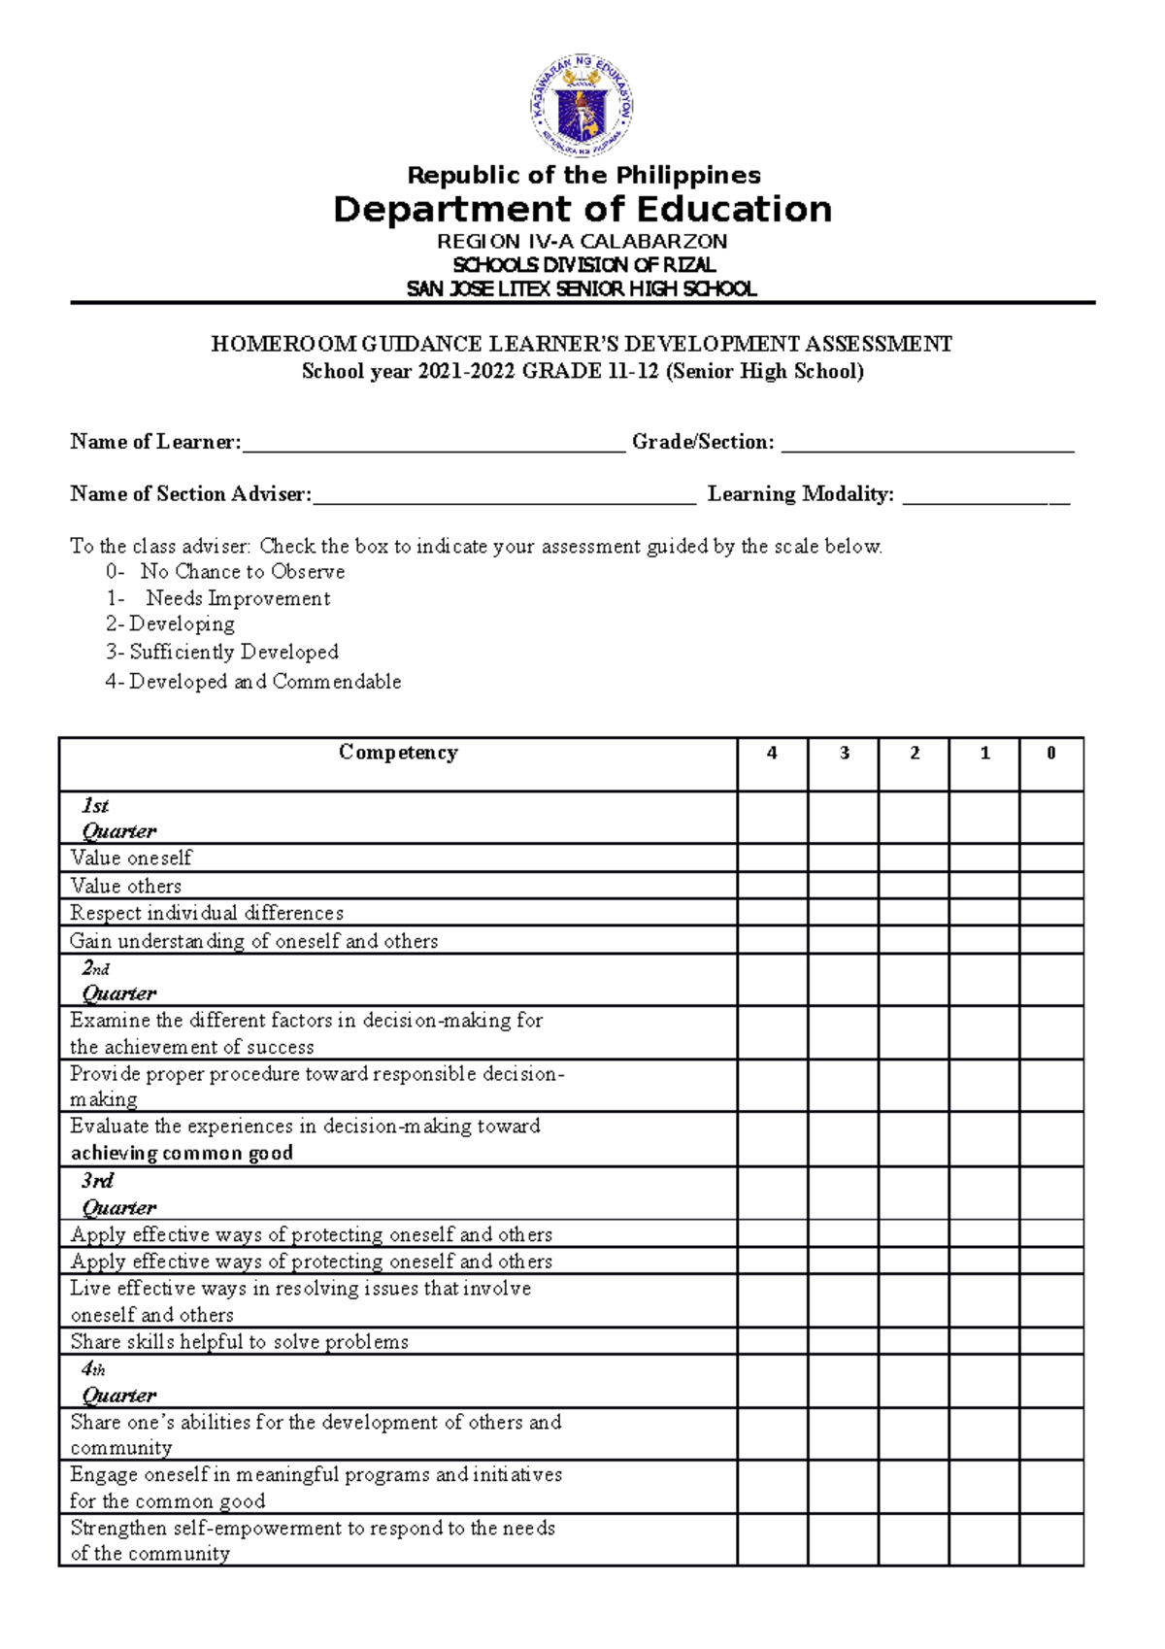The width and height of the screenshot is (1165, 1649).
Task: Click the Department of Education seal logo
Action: pyautogui.click(x=582, y=106)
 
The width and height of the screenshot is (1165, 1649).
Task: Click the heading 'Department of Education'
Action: pyautogui.click(x=582, y=210)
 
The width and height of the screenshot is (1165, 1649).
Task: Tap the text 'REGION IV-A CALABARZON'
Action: pyautogui.click(x=582, y=241)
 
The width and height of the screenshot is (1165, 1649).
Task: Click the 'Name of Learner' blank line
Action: pyautogui.click(x=433, y=445)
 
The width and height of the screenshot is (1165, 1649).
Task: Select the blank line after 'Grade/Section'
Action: pyautogui.click(x=927, y=445)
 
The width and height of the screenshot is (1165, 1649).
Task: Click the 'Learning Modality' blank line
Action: pyautogui.click(x=985, y=497)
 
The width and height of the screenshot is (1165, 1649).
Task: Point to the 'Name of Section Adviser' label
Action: pyautogui.click(x=190, y=494)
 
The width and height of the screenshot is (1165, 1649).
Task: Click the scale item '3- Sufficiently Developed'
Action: pyautogui.click(x=222, y=652)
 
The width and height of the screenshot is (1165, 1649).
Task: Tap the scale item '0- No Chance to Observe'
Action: pyautogui.click(x=225, y=571)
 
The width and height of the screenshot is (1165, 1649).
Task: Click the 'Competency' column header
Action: pyautogui.click(x=398, y=753)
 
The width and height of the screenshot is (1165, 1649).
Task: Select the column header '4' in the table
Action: pyautogui.click(x=772, y=753)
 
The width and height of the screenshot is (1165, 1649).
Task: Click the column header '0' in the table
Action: pyautogui.click(x=1050, y=753)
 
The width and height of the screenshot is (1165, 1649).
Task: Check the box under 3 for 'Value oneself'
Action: pyautogui.click(x=843, y=858)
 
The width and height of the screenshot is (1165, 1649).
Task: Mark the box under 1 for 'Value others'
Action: pyautogui.click(x=983, y=885)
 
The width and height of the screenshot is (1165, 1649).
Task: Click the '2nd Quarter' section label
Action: pyautogui.click(x=116, y=981)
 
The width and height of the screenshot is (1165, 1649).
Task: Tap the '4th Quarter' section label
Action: pyautogui.click(x=116, y=1382)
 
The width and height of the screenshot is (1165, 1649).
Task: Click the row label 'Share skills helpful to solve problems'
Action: pyautogui.click(x=239, y=1341)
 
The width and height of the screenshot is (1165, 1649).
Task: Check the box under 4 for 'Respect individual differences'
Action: pyautogui.click(x=772, y=912)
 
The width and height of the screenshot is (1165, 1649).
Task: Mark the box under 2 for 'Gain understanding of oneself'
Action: pyautogui.click(x=914, y=940)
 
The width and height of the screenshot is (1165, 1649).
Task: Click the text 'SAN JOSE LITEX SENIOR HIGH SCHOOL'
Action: pyautogui.click(x=582, y=288)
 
